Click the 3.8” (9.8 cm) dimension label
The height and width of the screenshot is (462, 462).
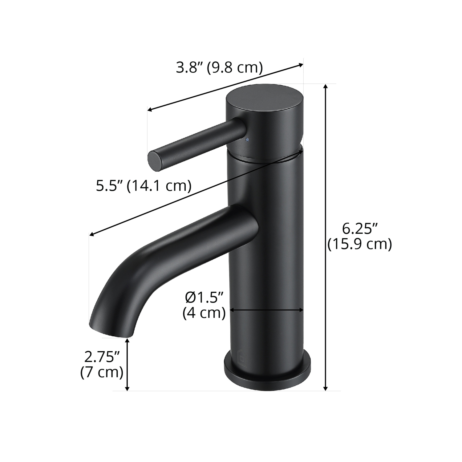tap(219, 68)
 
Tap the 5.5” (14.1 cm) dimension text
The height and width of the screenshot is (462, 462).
tap(144, 186)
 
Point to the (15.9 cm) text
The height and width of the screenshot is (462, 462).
tap(359, 244)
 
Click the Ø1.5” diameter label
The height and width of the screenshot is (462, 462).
tap(204, 298)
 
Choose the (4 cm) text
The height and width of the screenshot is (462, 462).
tap(204, 313)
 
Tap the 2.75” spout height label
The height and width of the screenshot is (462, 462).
tap(102, 357)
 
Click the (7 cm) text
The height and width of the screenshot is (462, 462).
tap(102, 372)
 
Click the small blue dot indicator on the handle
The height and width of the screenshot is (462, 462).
tap(246, 140)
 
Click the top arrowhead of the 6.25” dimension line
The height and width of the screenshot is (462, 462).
tap(326, 87)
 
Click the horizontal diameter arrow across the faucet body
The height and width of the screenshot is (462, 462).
tap(267, 310)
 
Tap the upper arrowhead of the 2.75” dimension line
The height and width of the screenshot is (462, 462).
tap(127, 340)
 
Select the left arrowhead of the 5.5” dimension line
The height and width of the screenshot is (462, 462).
tap(91, 235)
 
